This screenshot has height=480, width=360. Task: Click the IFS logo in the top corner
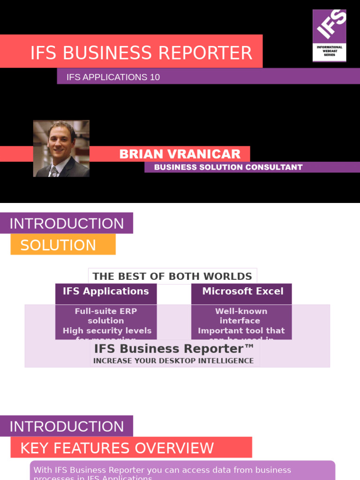[330, 36]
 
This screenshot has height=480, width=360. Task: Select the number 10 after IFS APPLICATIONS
[155, 77]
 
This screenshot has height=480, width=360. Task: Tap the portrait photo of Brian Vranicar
[61, 149]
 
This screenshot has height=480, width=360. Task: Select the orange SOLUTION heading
[58, 245]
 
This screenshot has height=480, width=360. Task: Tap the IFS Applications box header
[106, 292]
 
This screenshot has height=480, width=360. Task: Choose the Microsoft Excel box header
[242, 292]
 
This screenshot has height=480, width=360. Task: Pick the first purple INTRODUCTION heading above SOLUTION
[67, 224]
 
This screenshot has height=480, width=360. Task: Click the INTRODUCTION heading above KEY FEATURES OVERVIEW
[67, 427]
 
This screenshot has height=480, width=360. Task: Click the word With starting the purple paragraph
[43, 470]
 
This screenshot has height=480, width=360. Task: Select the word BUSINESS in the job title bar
[174, 167]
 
